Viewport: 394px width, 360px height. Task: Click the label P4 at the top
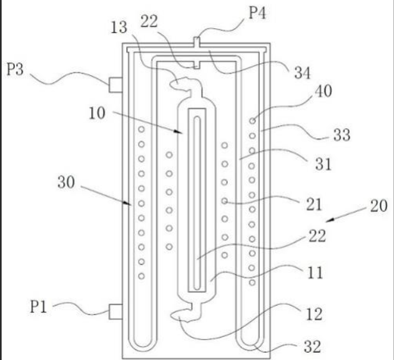tap(257, 13)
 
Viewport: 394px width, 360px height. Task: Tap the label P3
tap(15, 69)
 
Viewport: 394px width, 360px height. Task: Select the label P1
tap(39, 307)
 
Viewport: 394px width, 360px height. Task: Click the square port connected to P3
tap(116, 85)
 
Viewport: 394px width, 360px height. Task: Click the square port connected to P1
tap(116, 312)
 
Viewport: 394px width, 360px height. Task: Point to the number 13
tap(119, 27)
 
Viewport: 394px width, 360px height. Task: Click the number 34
tap(302, 72)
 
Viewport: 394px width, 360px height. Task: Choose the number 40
tap(323, 91)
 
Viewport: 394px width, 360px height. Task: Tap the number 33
tap(342, 134)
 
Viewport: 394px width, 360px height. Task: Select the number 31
tap(323, 164)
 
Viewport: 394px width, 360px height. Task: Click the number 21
tap(314, 204)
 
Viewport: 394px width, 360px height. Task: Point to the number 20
tap(378, 206)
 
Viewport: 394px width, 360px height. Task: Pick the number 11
tap(315, 272)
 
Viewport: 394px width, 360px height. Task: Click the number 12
tap(314, 314)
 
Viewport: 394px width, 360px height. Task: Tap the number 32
tap(312, 347)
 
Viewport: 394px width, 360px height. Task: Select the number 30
tap(66, 182)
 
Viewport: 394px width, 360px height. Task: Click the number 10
tap(97, 113)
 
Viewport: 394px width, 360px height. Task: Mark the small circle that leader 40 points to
tap(252, 121)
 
